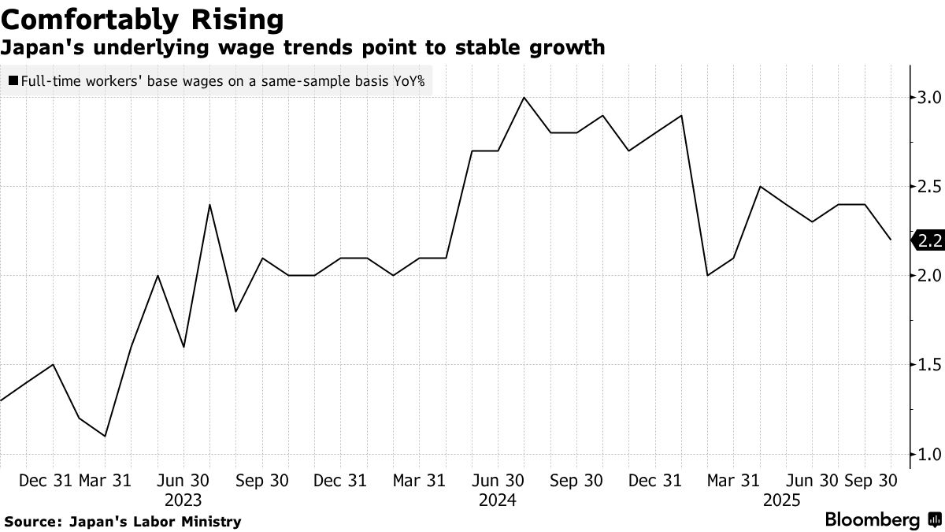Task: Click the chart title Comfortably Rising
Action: point(143,19)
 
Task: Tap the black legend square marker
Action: point(14,80)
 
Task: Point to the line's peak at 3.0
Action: point(524,98)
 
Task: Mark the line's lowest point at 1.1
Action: point(105,436)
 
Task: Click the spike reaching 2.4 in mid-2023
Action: point(209,205)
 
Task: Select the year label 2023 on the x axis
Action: point(183,500)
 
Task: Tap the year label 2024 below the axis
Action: point(498,500)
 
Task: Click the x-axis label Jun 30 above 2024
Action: point(498,480)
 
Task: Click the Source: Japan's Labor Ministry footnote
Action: point(123,522)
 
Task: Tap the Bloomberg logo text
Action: point(873,520)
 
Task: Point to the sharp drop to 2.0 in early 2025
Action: point(707,275)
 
